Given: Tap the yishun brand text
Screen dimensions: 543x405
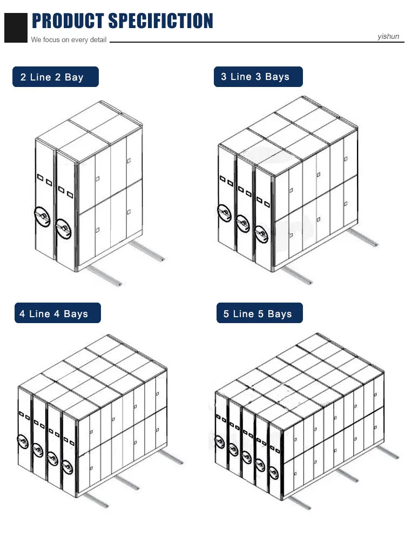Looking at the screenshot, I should pyautogui.click(x=388, y=37).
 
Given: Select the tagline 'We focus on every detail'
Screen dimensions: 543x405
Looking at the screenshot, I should pyautogui.click(x=69, y=40).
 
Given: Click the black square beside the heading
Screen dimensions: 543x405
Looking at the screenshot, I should pyautogui.click(x=16, y=28).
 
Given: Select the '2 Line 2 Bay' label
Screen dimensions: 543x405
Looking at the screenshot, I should pyautogui.click(x=52, y=77).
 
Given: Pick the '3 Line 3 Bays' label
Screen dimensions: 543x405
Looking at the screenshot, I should pyautogui.click(x=255, y=77).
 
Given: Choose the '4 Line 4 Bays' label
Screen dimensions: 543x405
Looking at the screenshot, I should pyautogui.click(x=54, y=314).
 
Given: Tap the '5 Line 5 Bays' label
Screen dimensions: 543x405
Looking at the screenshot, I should pyautogui.click(x=258, y=314).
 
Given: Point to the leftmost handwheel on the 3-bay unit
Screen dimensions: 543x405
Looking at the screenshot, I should pyautogui.click(x=224, y=212).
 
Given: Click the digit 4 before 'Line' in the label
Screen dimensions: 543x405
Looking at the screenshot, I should pyautogui.click(x=22, y=314).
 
